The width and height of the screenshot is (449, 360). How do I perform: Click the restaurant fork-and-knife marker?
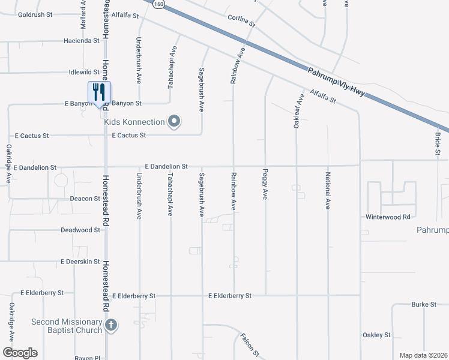pyautogui.click(x=100, y=92)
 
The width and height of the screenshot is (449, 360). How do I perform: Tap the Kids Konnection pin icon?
pyautogui.click(x=174, y=122)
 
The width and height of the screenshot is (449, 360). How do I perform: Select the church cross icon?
pyautogui.click(x=110, y=326)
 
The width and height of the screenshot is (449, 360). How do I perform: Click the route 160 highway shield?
pyautogui.click(x=158, y=4)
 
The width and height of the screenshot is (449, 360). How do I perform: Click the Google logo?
pyautogui.click(x=20, y=353)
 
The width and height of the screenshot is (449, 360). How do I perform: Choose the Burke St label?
pyautogui.click(x=424, y=305)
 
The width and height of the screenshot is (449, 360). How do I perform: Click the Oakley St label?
pyautogui.click(x=376, y=335)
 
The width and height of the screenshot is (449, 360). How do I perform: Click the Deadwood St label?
pyautogui.click(x=80, y=230)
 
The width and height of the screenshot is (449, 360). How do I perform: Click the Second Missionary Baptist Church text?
pyautogui.click(x=66, y=326)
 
